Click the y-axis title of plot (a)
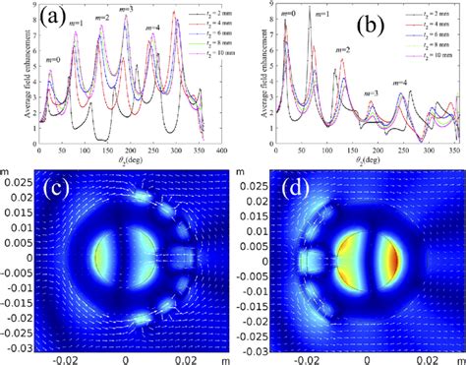pyautogui.click(x=7, y=74)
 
